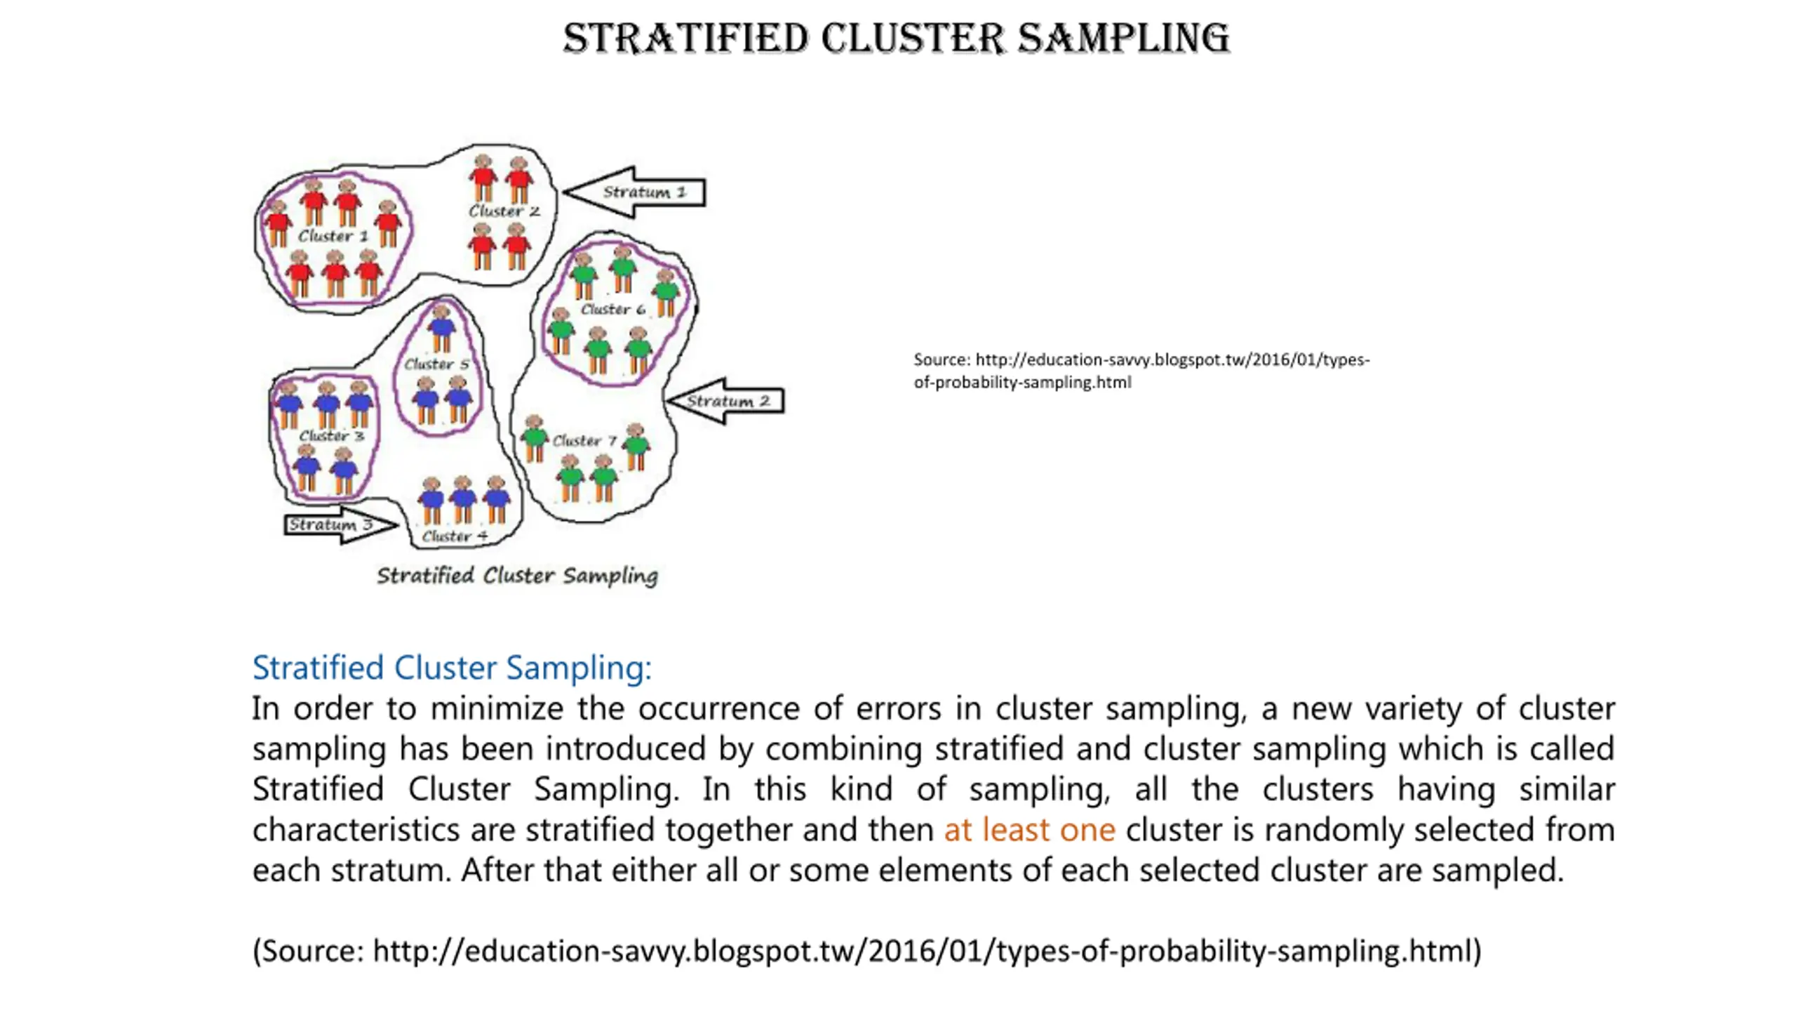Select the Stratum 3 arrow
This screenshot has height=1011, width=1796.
pyautogui.click(x=337, y=524)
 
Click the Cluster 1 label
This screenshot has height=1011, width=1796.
pyautogui.click(x=333, y=236)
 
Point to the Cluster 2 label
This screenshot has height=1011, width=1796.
pyautogui.click(x=504, y=211)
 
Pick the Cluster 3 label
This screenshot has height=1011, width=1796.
pyautogui.click(x=332, y=436)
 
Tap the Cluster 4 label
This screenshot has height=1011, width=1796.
pyautogui.click(x=455, y=536)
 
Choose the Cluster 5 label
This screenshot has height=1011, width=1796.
pyautogui.click(x=436, y=364)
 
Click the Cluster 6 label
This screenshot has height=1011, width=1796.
pyautogui.click(x=612, y=309)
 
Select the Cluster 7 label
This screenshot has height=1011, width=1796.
pyautogui.click(x=584, y=440)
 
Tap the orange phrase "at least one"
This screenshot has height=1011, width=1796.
pyautogui.click(x=1029, y=829)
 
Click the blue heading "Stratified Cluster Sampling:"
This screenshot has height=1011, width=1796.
pyautogui.click(x=452, y=667)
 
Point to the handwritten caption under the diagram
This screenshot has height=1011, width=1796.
pyautogui.click(x=517, y=576)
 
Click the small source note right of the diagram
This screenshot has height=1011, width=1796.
pyautogui.click(x=1141, y=371)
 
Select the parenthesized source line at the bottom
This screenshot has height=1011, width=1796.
pyautogui.click(x=866, y=951)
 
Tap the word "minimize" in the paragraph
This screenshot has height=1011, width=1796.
pyautogui.click(x=497, y=708)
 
